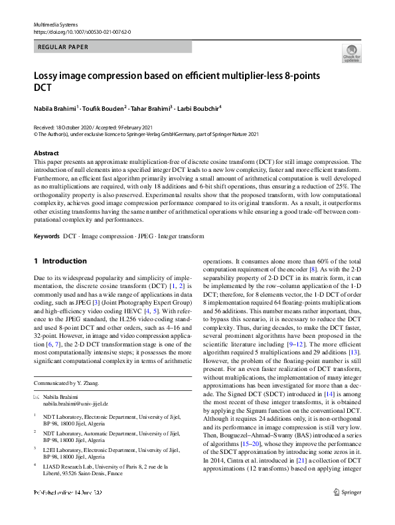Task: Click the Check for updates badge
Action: tap(351, 52)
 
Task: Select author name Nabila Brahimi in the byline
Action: tap(56, 108)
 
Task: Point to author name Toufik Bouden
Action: tap(104, 108)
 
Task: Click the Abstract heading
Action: tap(46, 153)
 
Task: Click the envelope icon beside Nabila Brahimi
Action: tap(37, 396)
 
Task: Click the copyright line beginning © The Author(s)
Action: tap(146, 134)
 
